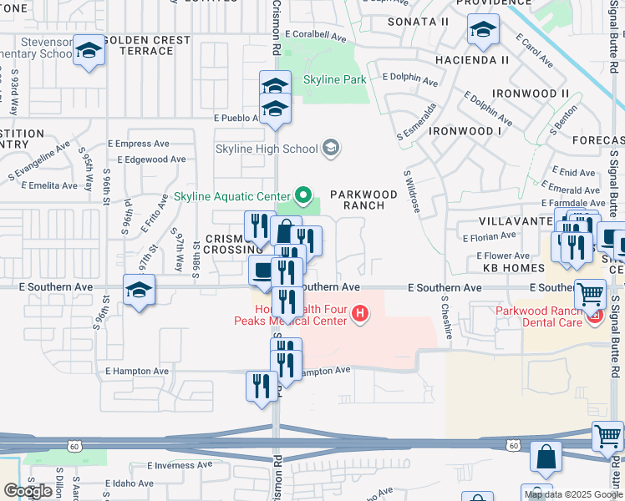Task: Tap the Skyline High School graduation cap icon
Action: point(331,149)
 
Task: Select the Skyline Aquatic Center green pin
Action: point(302,198)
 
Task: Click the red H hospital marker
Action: point(360,314)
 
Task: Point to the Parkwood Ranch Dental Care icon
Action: point(595,316)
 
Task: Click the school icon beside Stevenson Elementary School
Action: point(89,51)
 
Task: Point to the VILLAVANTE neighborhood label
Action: point(512,221)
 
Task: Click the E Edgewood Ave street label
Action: point(151,159)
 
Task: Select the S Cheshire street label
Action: point(446,318)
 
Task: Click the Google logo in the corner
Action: point(28,490)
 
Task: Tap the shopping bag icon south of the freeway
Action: point(546,458)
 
